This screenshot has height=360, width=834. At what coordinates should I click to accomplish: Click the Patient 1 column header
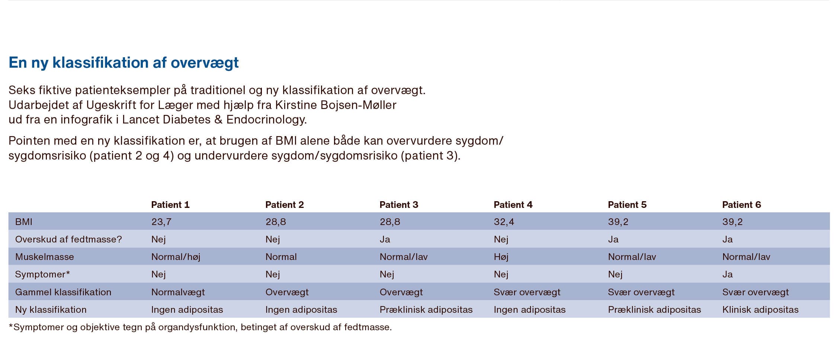point(170,205)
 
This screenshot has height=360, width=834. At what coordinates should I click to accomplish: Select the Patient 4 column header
point(513,205)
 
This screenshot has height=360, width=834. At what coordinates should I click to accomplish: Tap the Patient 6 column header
point(741,205)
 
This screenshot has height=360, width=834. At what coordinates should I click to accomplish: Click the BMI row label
point(23,222)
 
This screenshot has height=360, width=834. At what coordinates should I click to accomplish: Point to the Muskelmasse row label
point(44,257)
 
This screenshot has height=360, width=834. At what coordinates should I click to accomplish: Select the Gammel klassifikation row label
point(63,292)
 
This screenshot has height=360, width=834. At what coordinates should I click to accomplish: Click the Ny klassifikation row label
point(51,310)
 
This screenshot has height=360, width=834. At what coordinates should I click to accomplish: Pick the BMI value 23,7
point(161,222)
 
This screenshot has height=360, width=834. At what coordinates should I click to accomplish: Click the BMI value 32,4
point(504,222)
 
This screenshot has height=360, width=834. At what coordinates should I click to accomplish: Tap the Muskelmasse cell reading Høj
point(501,257)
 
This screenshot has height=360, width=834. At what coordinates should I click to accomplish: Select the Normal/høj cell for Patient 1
point(176,257)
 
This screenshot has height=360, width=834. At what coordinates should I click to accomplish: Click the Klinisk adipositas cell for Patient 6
point(760,310)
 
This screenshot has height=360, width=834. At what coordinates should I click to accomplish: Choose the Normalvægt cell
point(178,292)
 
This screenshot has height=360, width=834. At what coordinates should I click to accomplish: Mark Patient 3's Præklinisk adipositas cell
point(426,310)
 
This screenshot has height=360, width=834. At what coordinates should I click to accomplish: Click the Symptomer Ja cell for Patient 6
point(727,274)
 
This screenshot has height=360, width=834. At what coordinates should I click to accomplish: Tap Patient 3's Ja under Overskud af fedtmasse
point(385,240)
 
